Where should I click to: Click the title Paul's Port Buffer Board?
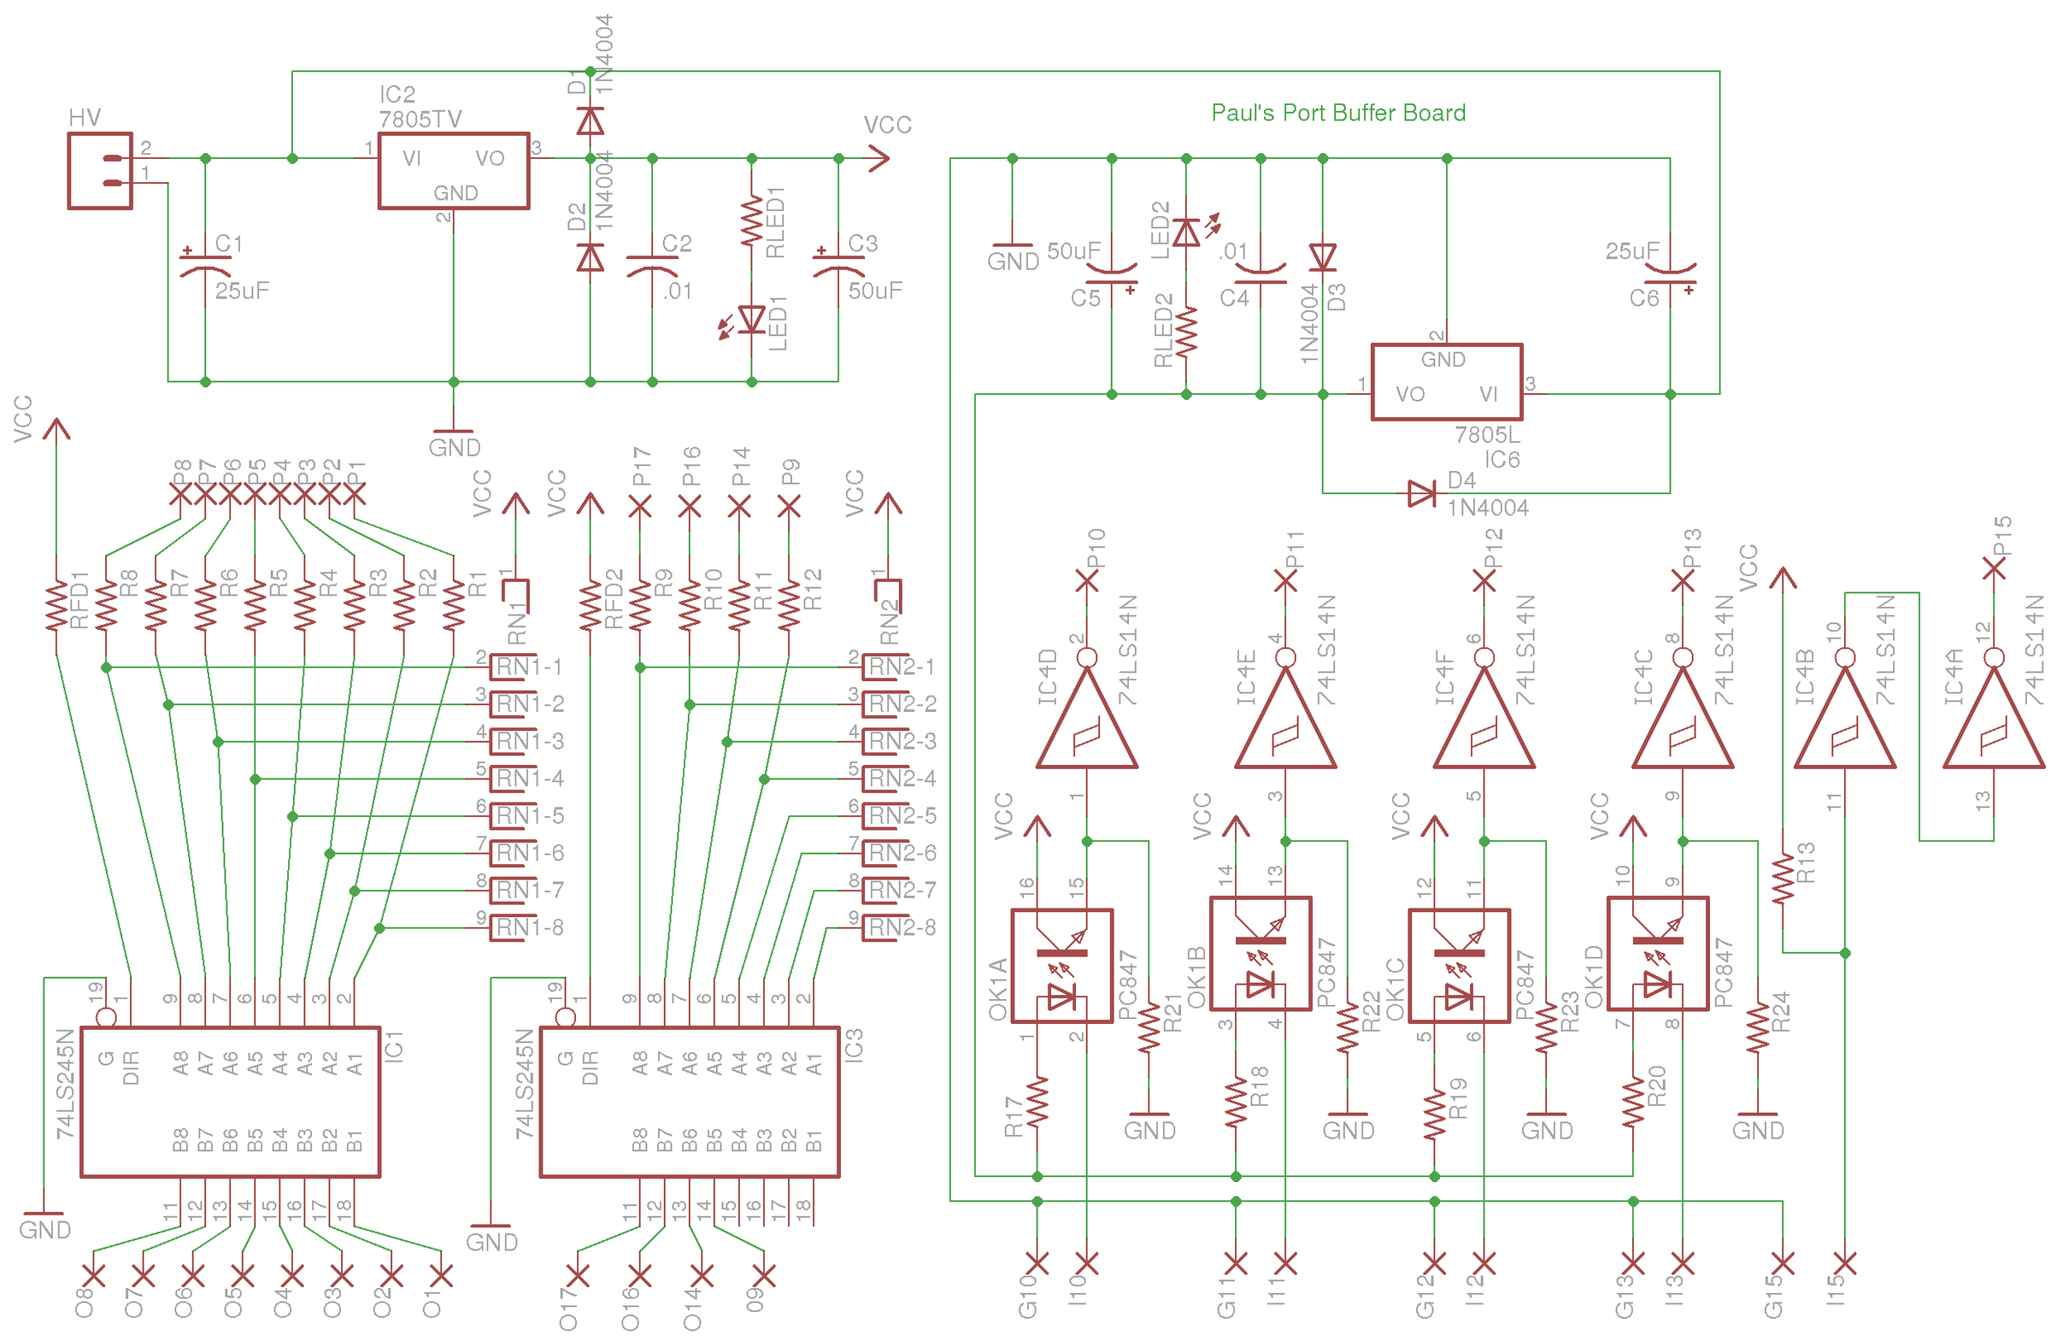(x=1337, y=113)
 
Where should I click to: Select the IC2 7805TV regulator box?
(x=453, y=171)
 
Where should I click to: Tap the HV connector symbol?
(x=100, y=171)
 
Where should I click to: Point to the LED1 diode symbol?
(x=751, y=320)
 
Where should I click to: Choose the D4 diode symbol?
(x=1421, y=494)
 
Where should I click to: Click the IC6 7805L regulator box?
(x=1446, y=382)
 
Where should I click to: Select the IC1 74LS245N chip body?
(x=230, y=1102)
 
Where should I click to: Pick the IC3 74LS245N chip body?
(x=690, y=1102)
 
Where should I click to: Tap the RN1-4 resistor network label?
(x=529, y=779)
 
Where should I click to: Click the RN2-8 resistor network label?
(x=902, y=927)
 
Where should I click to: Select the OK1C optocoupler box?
(x=1459, y=965)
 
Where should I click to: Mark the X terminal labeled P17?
(x=639, y=508)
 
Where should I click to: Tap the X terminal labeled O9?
(x=763, y=1273)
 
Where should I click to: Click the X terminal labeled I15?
(x=1844, y=1263)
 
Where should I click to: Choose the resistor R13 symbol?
(x=1782, y=879)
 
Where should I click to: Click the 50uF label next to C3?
(x=875, y=291)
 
